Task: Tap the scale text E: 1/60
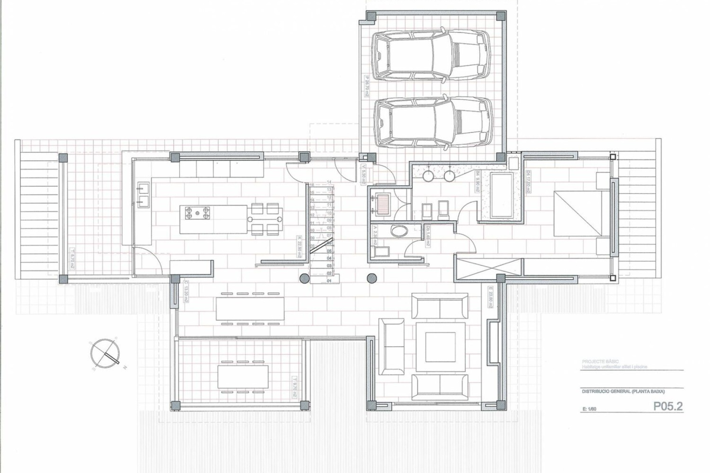(x=589, y=408)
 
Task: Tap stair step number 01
(x=329, y=281)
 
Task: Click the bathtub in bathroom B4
(x=502, y=195)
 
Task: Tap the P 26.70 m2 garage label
(x=366, y=86)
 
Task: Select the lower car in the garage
(x=432, y=122)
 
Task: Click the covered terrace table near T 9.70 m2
(x=243, y=377)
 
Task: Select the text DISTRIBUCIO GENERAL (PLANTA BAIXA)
(x=623, y=392)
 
